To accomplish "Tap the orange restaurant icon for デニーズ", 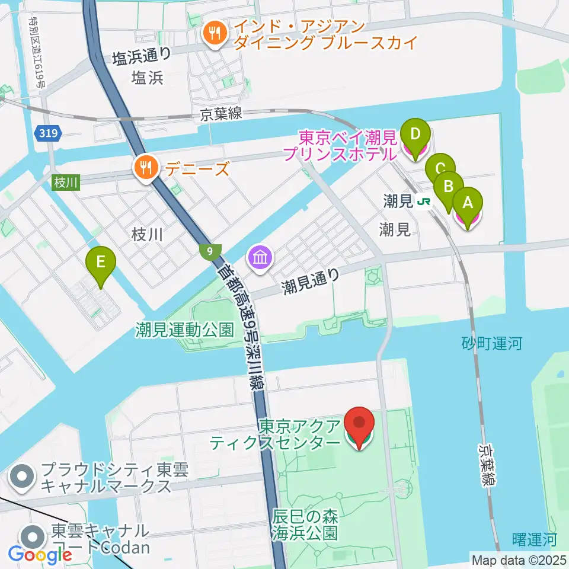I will coord(145,169).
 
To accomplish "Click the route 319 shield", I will coord(47,133).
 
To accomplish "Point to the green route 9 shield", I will coord(210,251).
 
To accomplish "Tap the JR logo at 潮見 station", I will coord(424,202).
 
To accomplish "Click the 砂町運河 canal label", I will coord(491,343).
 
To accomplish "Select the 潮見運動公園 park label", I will coord(184,330).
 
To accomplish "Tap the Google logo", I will coord(40,555).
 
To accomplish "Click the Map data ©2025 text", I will coord(519,560).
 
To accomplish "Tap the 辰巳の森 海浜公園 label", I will coord(306,525).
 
